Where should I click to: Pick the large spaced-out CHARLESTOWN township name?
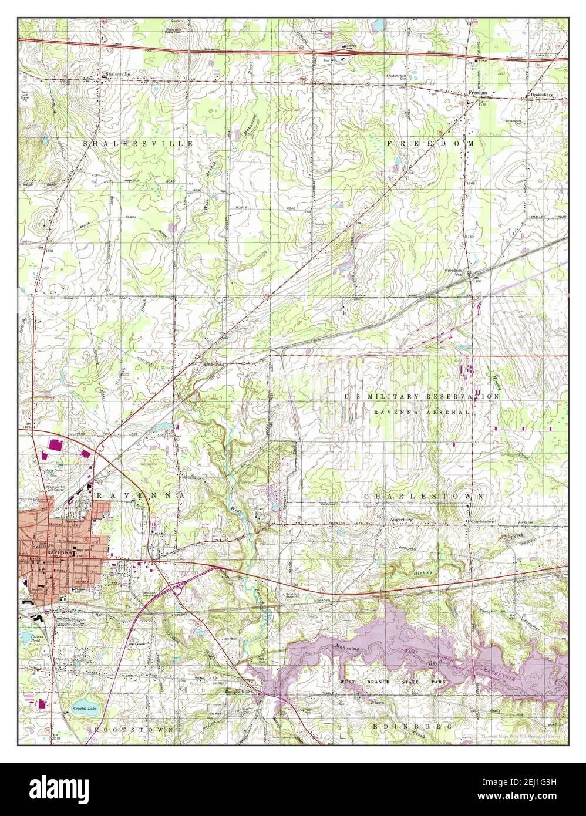pos(424,496)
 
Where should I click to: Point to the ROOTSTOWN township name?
pos(133,729)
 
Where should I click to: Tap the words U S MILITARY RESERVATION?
pos(422,397)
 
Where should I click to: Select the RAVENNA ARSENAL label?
pos(422,413)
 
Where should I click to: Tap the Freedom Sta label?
pos(454,272)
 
